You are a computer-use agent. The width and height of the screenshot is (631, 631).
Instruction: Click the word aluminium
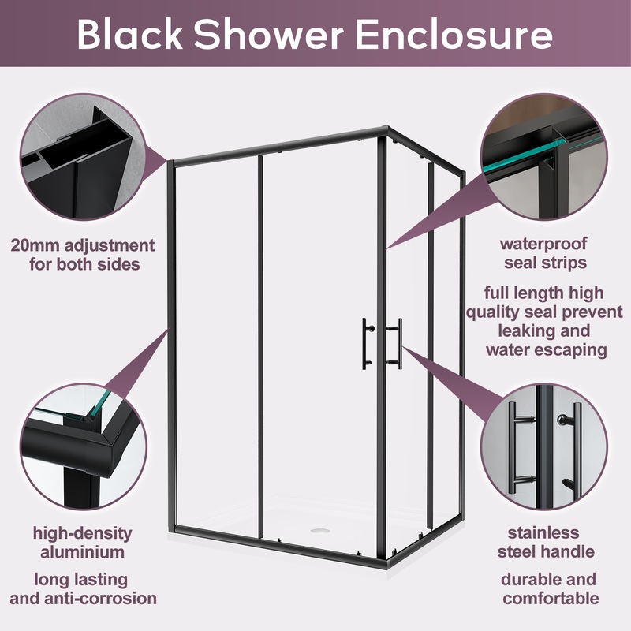tap(83, 551)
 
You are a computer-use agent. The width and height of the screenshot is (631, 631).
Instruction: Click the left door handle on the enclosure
tap(367, 341)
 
